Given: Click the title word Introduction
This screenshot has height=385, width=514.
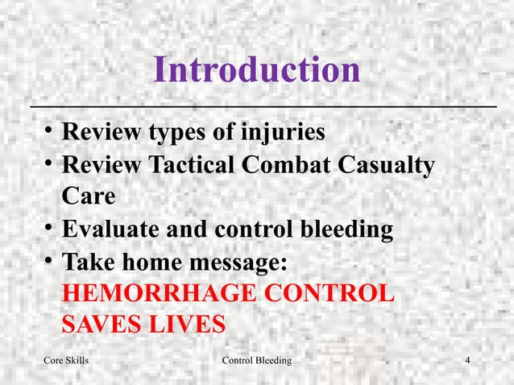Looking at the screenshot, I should (257, 71).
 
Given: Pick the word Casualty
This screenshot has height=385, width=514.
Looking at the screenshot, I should (389, 165).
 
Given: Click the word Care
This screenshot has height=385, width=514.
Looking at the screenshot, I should (89, 197).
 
